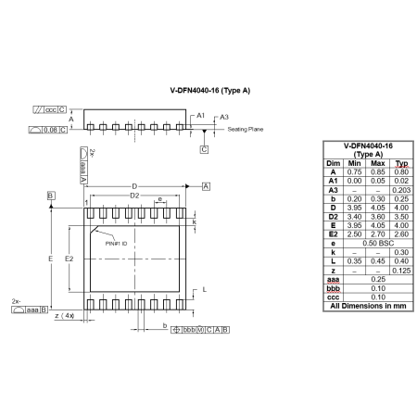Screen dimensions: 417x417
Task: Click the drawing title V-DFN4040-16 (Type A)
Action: [x=209, y=92]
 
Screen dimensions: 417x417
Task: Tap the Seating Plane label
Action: [x=246, y=129]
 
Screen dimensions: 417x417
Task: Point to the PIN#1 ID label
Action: [x=117, y=243]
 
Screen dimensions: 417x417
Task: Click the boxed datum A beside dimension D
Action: [x=206, y=186]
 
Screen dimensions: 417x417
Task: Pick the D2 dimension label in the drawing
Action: [x=133, y=196]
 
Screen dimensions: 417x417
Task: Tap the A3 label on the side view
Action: [x=222, y=117]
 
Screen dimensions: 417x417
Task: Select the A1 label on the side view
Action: [x=199, y=115]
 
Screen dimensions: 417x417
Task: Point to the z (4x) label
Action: [x=65, y=317]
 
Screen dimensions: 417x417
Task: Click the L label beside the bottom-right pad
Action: [x=203, y=290]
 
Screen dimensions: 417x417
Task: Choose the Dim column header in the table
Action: [x=333, y=163]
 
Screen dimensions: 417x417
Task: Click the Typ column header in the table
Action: [x=401, y=163]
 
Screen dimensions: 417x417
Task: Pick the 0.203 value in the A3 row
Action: [x=401, y=190]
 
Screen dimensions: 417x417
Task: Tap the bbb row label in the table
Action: [x=333, y=287]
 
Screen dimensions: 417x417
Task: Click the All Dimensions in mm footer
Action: [x=368, y=305]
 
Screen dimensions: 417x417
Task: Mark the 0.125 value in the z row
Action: [x=401, y=270]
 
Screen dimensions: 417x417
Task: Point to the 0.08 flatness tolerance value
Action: [x=50, y=130]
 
